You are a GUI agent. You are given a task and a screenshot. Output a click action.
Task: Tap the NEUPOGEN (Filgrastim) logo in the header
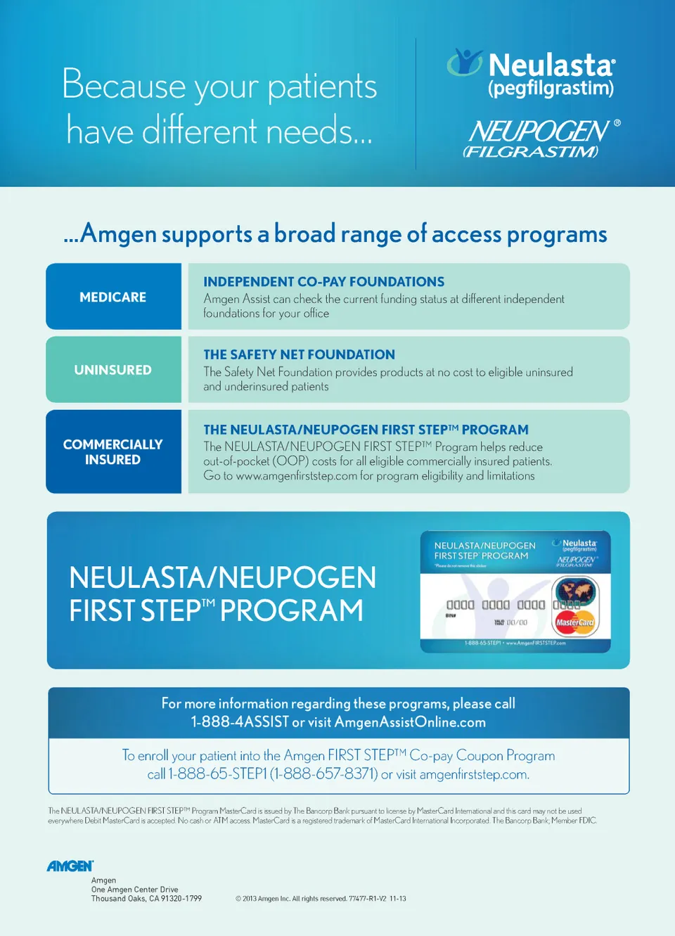540,138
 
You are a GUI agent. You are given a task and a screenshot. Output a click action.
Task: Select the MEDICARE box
113,297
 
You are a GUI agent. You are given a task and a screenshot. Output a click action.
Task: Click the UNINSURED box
113,370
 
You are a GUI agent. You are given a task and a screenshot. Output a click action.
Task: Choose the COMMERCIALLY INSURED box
113,451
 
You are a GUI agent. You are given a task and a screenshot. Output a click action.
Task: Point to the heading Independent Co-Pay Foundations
323,282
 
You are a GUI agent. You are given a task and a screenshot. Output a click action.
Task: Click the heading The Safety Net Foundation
299,355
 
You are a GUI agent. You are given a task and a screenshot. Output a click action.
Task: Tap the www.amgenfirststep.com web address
296,476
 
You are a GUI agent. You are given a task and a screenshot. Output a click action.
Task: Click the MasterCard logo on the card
574,622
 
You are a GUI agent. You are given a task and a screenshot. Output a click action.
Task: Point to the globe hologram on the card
575,591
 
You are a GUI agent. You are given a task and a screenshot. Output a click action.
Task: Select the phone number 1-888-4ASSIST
240,722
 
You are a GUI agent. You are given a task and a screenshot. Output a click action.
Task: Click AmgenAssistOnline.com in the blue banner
410,722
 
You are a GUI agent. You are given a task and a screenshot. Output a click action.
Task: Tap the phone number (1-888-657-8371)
324,774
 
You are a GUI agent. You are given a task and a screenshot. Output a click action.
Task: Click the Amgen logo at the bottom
70,866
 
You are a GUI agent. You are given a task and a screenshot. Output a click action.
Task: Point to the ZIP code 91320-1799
181,899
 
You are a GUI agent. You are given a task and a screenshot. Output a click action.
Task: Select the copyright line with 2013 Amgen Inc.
321,899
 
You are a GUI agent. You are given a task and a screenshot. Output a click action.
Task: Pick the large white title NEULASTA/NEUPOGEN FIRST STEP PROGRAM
222,594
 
